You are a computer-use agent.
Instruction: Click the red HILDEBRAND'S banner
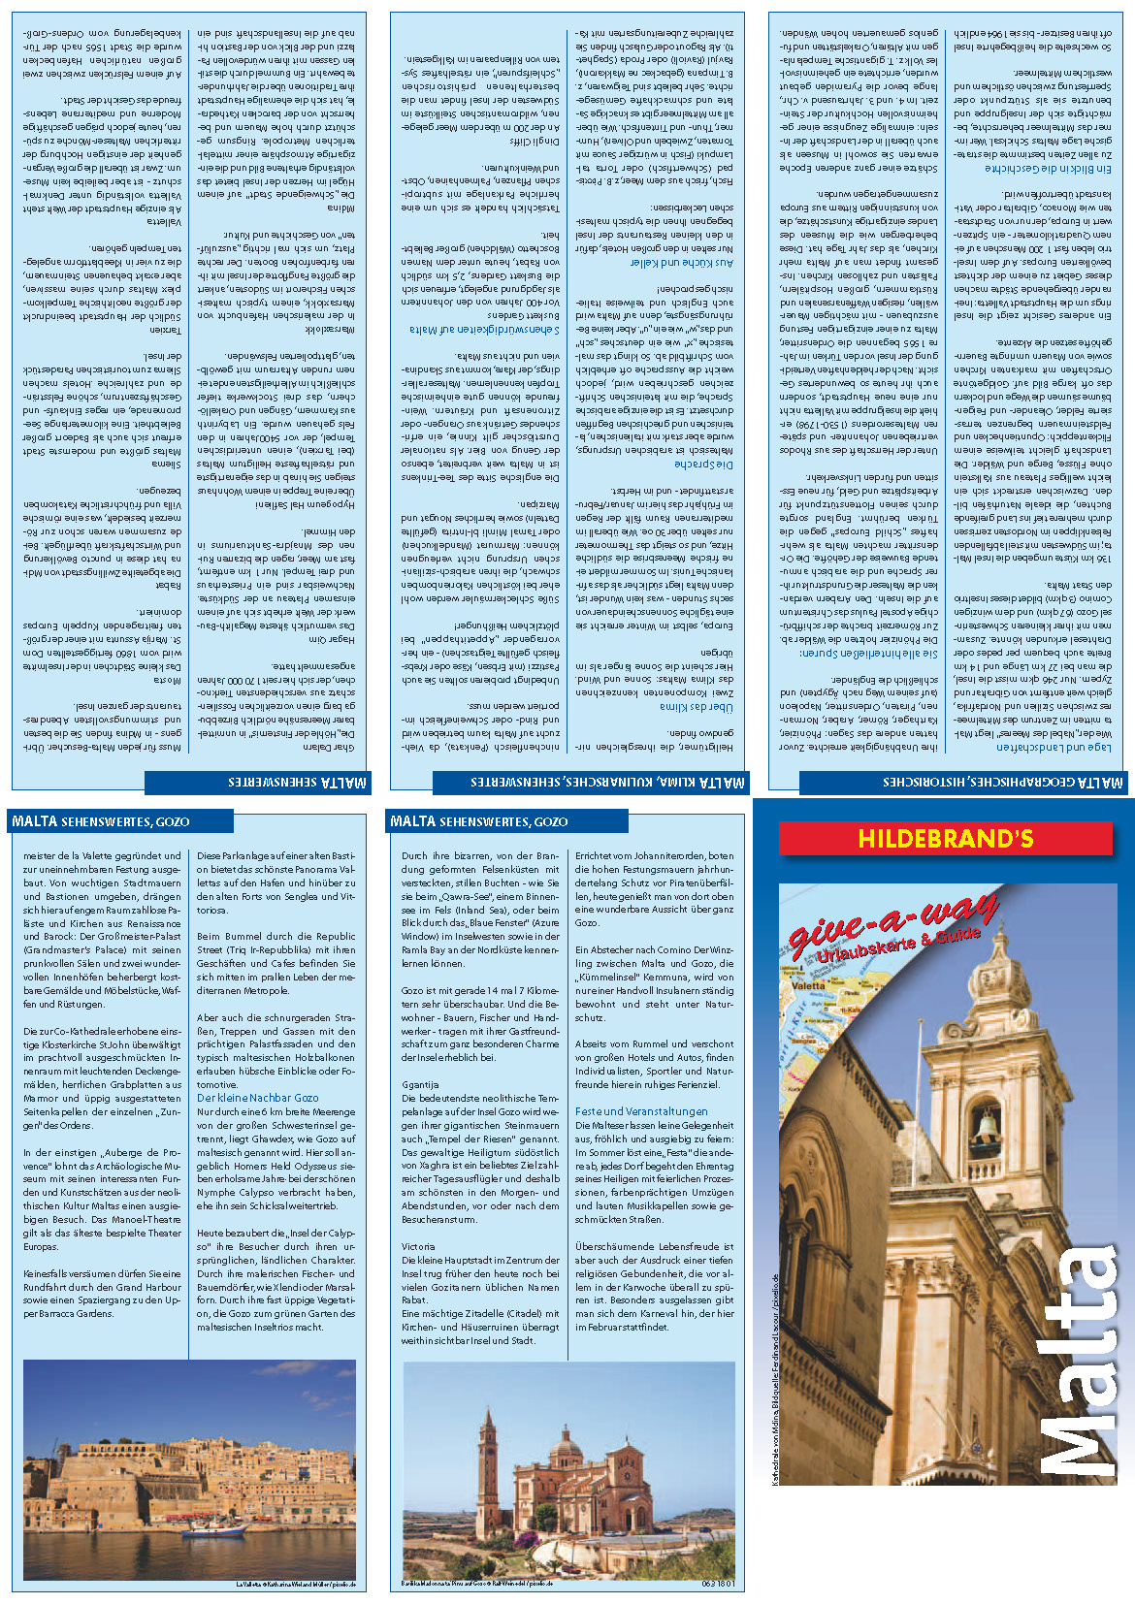pyautogui.click(x=945, y=839)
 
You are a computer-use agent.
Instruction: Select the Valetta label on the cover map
pyautogui.click(x=809, y=985)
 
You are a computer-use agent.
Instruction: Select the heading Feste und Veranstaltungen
pyautogui.click(x=641, y=1111)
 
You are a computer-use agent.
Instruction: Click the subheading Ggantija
pyautogui.click(x=420, y=1085)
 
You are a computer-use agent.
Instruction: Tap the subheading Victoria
pyautogui.click(x=418, y=1246)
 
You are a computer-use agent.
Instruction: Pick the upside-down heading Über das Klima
pyautogui.click(x=697, y=707)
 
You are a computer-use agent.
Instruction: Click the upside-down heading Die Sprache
pyautogui.click(x=705, y=465)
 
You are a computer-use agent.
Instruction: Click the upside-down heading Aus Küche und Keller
pyautogui.click(x=682, y=263)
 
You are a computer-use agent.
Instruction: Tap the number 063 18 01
pyautogui.click(x=717, y=1584)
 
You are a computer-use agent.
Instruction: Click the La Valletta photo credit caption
pyautogui.click(x=296, y=1585)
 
